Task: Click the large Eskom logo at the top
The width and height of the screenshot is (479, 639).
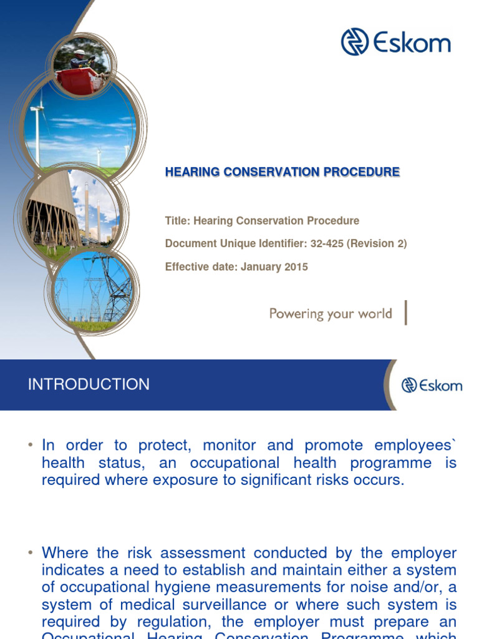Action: pos(395,42)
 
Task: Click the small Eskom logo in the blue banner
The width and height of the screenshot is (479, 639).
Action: pos(432,385)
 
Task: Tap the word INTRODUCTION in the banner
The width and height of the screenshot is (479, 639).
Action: pos(89,384)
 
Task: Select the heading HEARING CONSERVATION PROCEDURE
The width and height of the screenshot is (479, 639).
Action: pos(282,172)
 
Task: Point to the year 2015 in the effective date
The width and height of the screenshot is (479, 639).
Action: pos(296,267)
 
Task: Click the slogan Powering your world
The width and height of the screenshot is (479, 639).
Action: pos(330,313)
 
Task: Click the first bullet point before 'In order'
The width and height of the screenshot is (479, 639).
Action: pos(30,445)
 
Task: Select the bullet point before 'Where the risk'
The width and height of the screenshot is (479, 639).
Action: pos(30,553)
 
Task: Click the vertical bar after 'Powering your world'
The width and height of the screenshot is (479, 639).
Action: pos(406,313)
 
